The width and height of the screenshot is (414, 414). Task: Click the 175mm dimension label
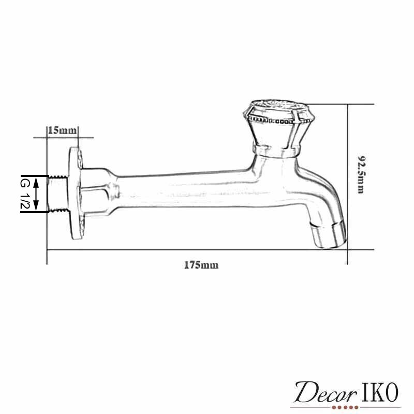coord(201,265)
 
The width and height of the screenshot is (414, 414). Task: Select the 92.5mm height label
coord(361,174)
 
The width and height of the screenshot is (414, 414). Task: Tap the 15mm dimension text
coord(62,130)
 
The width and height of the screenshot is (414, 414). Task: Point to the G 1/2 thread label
coord(25,194)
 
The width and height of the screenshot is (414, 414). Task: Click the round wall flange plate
coord(76,193)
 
